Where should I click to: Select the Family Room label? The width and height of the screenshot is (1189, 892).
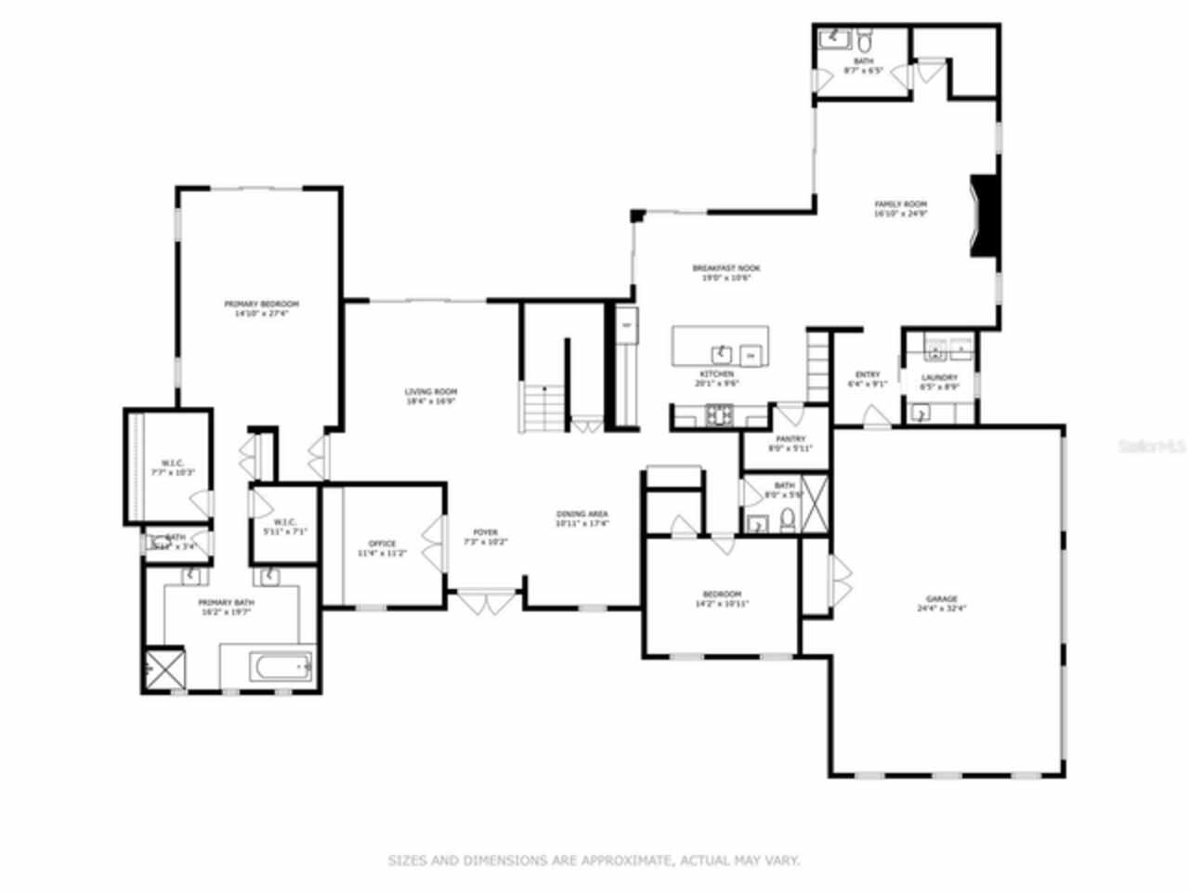[x=900, y=208]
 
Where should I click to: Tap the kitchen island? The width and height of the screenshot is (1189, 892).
[x=720, y=346]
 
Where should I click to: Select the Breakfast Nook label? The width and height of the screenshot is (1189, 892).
[x=725, y=272]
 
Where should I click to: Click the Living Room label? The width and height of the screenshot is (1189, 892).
[x=431, y=397]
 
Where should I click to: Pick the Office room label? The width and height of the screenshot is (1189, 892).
[x=382, y=548]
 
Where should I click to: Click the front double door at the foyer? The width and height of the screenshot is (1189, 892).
[x=484, y=601]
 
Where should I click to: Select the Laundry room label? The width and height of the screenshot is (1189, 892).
[x=939, y=382]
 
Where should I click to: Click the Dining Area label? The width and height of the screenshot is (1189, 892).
[x=582, y=518]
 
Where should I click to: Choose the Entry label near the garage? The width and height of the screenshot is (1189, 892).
[x=868, y=379]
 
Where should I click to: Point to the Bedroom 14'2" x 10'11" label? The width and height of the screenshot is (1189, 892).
[x=722, y=598]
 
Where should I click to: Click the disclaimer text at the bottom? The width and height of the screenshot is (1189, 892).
[x=594, y=860]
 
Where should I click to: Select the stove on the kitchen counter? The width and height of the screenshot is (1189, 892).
[x=718, y=415]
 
